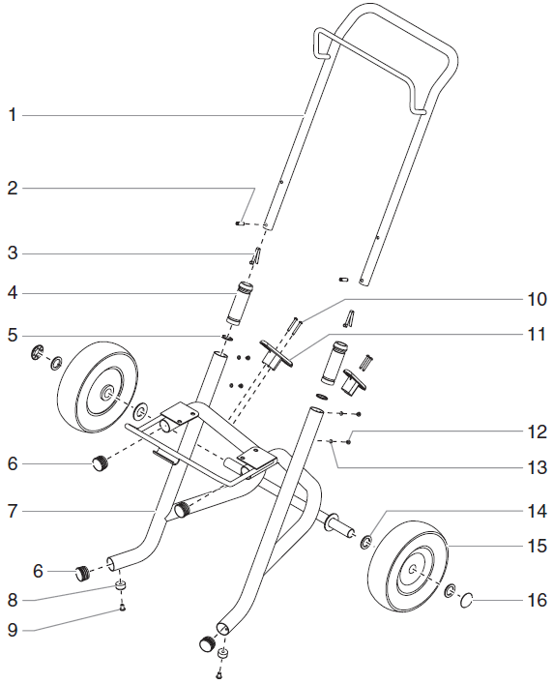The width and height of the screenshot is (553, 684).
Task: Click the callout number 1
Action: click(x=13, y=115)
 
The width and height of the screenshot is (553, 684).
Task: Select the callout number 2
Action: click(x=13, y=189)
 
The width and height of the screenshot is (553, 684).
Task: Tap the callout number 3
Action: click(x=13, y=253)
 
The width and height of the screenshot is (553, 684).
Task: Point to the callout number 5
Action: click(x=13, y=337)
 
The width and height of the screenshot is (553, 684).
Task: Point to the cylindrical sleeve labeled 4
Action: click(x=237, y=305)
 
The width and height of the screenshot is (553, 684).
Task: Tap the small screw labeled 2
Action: click(x=239, y=223)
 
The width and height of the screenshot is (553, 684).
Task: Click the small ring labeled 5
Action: click(x=227, y=338)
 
